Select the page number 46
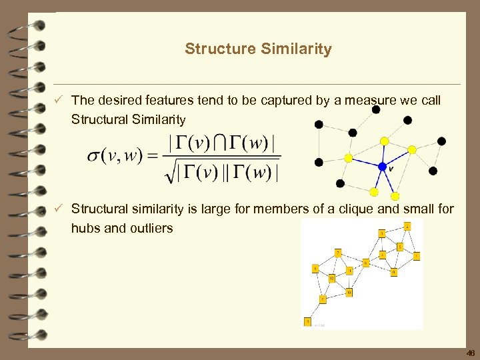click(x=471, y=353)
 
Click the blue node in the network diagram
click(x=383, y=167)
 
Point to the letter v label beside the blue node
click(x=391, y=169)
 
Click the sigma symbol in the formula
click(x=94, y=156)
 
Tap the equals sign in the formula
click(x=153, y=156)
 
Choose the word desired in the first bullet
click(x=122, y=101)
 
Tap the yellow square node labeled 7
click(x=338, y=253)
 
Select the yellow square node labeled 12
click(x=331, y=278)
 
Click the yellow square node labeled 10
click(x=349, y=292)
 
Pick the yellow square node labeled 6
click(x=394, y=272)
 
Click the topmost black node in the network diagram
click(x=376, y=109)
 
